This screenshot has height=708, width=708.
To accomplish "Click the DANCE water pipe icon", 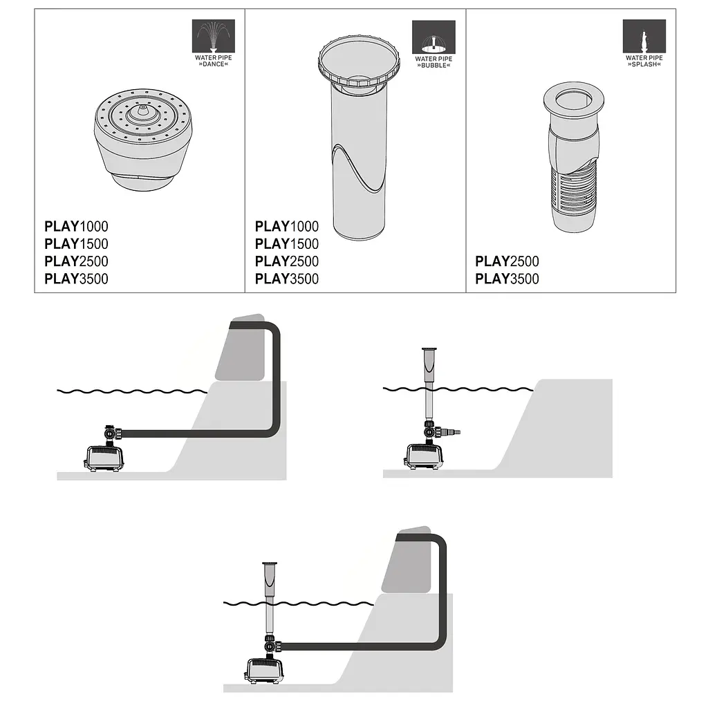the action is point(214,36).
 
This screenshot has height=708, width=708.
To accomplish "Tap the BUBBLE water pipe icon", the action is point(434,37).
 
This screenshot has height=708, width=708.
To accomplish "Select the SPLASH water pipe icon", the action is point(644,36).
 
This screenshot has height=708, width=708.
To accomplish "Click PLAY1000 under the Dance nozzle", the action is point(76,226).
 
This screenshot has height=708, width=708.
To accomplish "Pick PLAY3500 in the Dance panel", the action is point(76,279).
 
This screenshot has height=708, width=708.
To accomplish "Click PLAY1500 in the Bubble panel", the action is point(287,244).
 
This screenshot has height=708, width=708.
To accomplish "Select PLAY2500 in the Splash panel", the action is point(507,261).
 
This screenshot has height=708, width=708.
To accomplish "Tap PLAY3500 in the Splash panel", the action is point(507,279).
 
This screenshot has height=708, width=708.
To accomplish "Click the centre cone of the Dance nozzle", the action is point(142,111).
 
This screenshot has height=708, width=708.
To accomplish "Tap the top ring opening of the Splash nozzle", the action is point(573,100).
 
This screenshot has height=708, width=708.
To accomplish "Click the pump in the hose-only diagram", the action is point(104,458).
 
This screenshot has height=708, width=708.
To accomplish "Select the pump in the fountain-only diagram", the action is point(424,456).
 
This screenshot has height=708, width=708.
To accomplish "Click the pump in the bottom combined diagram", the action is point(265,671).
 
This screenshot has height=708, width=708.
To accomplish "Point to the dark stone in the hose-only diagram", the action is point(241,348).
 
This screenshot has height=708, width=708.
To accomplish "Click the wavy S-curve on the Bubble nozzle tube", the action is point(359,168).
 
